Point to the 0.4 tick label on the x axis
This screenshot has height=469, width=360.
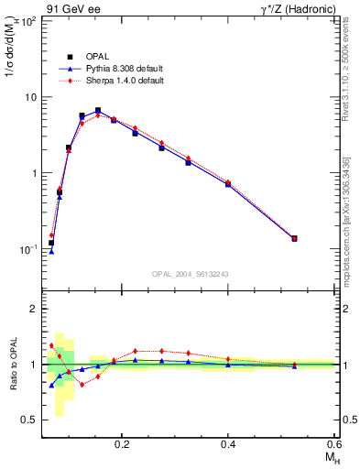228,444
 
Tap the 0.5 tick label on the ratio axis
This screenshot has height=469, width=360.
29,420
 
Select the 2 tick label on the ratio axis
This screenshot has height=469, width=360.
33,310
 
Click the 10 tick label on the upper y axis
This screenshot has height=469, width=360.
28,97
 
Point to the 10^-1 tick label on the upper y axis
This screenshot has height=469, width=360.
27,248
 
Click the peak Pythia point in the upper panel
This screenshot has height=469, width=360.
98,111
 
